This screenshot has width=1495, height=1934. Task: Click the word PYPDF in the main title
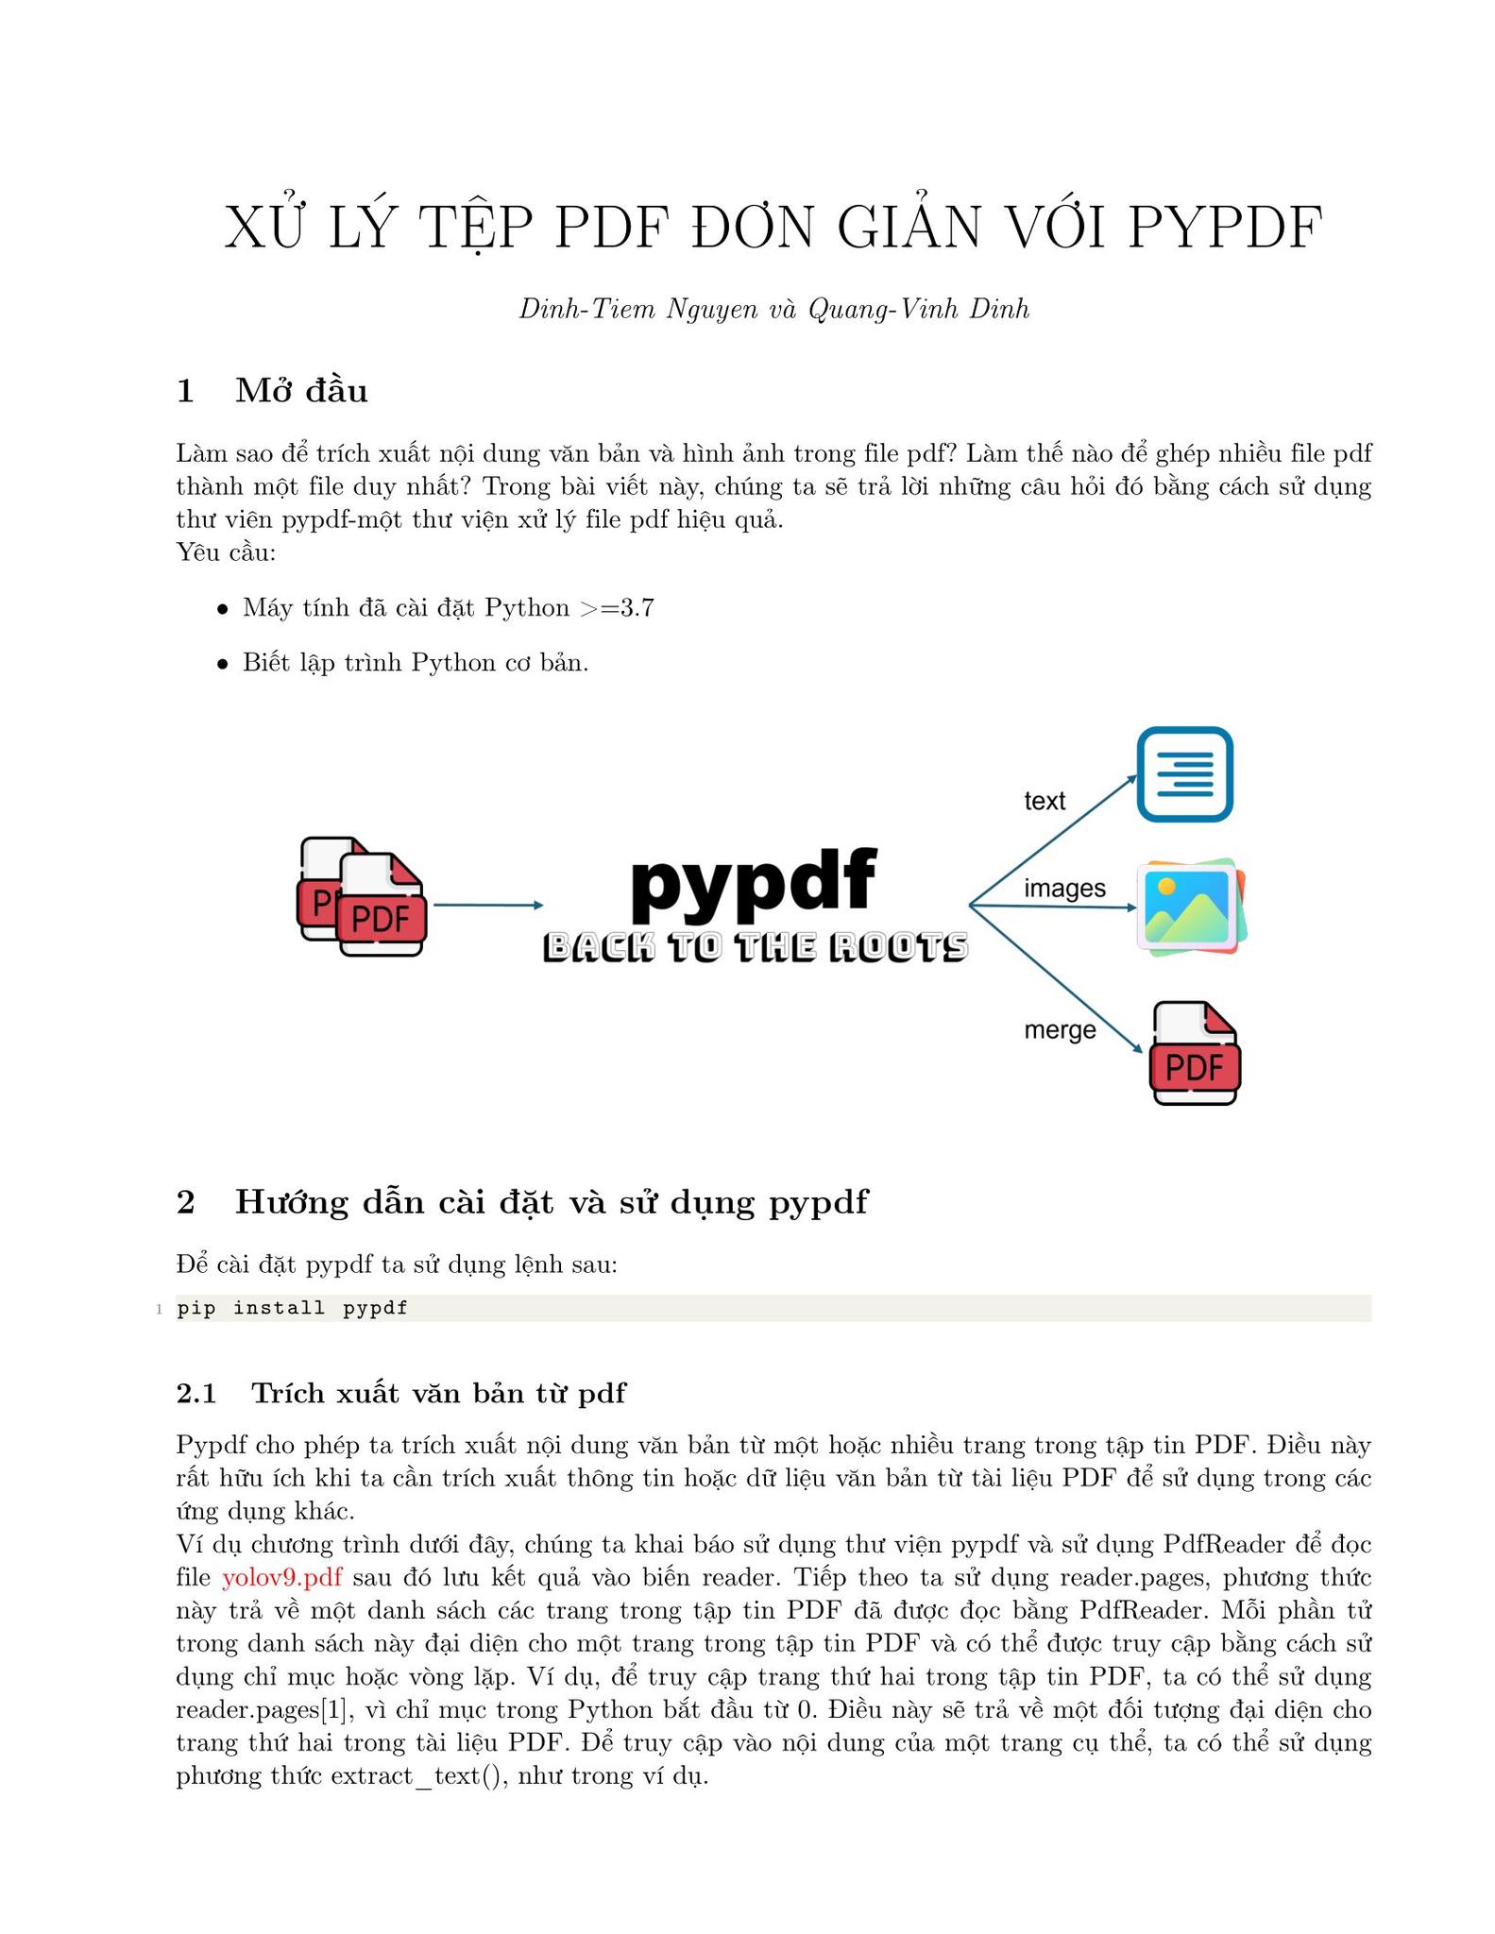coord(1226,228)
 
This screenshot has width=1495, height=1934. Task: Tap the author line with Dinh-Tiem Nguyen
coord(773,309)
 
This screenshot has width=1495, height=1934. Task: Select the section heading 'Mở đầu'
coord(301,389)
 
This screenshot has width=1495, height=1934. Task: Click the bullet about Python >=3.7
coord(448,607)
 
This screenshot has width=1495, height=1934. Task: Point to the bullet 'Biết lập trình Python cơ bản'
coord(416,662)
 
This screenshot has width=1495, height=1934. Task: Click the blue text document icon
coord(1185,774)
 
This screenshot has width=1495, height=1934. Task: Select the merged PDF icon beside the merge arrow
coord(1195,1053)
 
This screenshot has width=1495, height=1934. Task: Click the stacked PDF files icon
coord(363,897)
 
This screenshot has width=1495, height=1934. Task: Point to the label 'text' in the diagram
coord(1045,801)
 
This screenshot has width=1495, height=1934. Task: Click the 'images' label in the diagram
coord(1064,889)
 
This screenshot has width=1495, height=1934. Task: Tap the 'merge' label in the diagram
coord(1060,1030)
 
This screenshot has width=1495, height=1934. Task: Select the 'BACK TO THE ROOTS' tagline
coord(756,947)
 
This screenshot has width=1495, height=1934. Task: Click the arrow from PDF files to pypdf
coord(488,906)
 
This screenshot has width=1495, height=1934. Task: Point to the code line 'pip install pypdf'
coord(292,1308)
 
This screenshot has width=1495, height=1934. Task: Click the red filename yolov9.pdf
coord(281,1577)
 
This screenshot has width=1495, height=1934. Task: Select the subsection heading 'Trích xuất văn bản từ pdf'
coord(439,1393)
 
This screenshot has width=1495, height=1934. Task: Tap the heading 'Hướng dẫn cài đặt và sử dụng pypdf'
coord(552,1202)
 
